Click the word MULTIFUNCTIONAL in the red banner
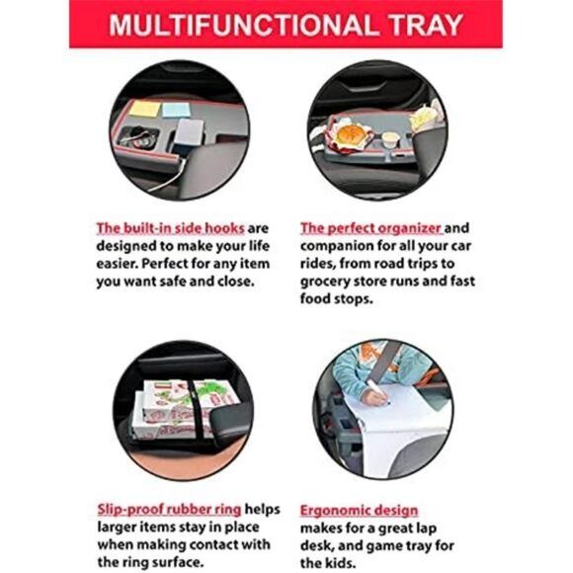pos(242,26)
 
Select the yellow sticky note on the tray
pos(145,109)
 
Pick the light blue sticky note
pos(176,110)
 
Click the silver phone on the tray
pos(190,133)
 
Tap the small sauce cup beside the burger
pos(389,141)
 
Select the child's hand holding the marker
pos(375,396)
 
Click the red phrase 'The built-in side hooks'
pos(170,228)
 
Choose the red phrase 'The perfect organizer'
pos(371,228)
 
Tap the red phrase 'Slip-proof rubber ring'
pos(169,510)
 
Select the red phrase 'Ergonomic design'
pos(359,510)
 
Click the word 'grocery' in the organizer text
pos(324,282)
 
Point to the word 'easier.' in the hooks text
pos(118,264)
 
